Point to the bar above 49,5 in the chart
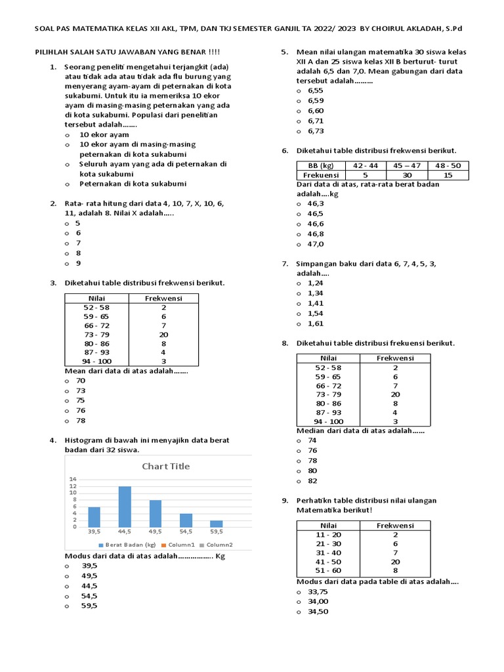(155, 513)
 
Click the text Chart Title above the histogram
(166, 466)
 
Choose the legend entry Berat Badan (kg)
(127, 545)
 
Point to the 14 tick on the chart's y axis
(73, 479)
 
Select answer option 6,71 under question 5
(315, 121)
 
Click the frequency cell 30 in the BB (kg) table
(407, 175)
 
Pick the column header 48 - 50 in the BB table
(448, 165)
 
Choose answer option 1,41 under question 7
(315, 303)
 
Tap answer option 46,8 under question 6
(315, 234)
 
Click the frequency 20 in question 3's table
(163, 334)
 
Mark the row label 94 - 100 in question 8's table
(328, 421)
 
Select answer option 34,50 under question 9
(318, 611)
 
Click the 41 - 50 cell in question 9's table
(328, 562)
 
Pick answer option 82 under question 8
(312, 480)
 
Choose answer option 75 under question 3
(81, 400)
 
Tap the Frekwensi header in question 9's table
(395, 525)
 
